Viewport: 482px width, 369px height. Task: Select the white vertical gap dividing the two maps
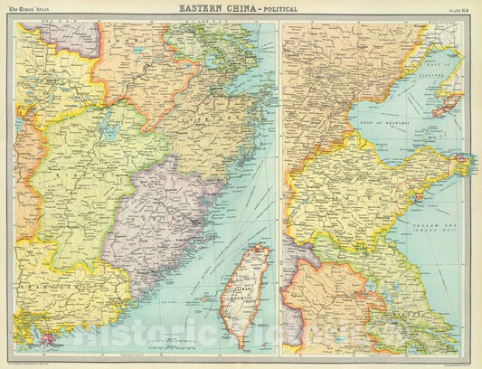(279, 181)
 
